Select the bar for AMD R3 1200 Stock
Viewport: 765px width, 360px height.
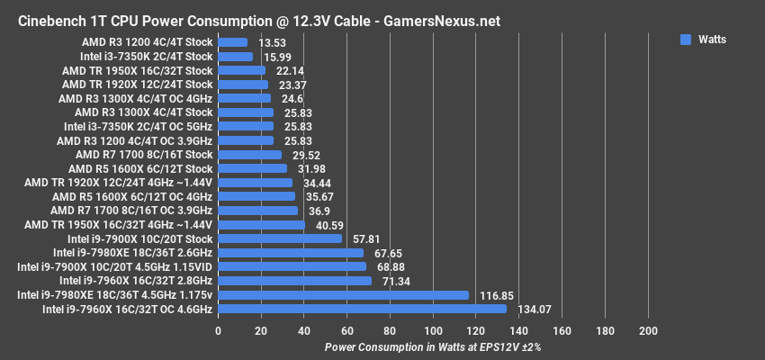click(x=232, y=42)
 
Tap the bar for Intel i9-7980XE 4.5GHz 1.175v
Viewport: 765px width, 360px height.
click(x=343, y=294)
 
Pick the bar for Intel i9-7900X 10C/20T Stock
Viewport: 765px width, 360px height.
click(x=280, y=238)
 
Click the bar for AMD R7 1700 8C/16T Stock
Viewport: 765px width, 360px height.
click(x=249, y=155)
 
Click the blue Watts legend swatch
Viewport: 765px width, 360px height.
click(x=686, y=40)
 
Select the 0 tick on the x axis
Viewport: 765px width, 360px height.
click(x=218, y=331)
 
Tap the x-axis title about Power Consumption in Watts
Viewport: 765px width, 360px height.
click(x=433, y=346)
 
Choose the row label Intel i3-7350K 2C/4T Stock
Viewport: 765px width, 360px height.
click(x=139, y=57)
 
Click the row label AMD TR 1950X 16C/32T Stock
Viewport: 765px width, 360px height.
click(x=137, y=70)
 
